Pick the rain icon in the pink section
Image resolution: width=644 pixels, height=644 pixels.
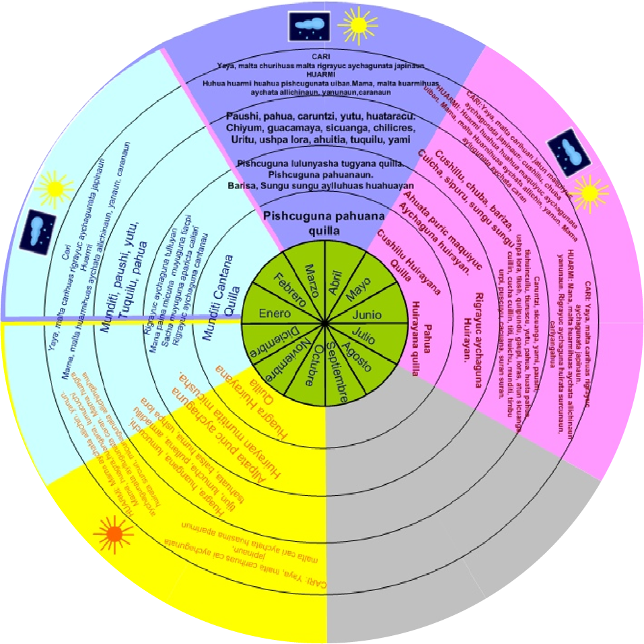coord(569,149)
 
